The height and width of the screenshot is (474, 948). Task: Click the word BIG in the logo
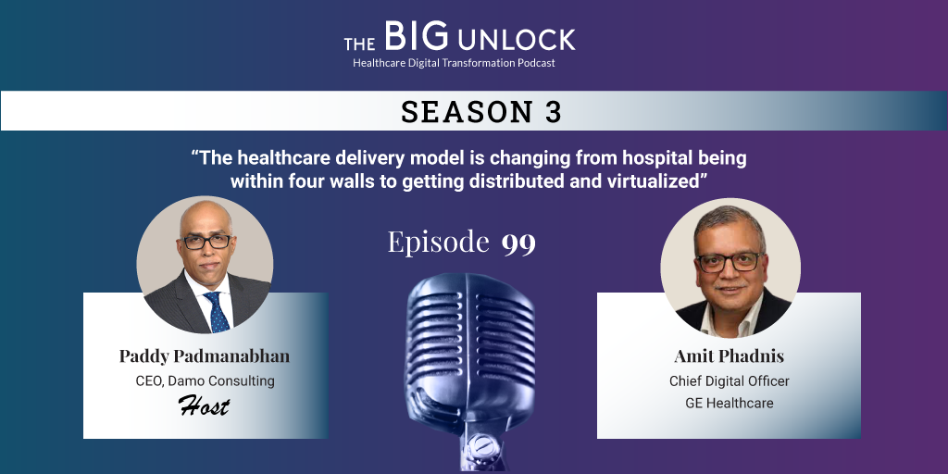pyautogui.click(x=416, y=36)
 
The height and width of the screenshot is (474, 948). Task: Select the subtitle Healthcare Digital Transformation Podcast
pyautogui.click(x=454, y=63)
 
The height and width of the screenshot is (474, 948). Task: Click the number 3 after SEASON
pyautogui.click(x=554, y=112)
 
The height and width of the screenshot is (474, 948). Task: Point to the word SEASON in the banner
pyautogui.click(x=467, y=112)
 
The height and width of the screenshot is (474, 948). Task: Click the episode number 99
pyautogui.click(x=518, y=243)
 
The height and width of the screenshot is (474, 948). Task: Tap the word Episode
pyautogui.click(x=438, y=242)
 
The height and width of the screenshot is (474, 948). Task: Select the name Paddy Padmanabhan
pyautogui.click(x=205, y=356)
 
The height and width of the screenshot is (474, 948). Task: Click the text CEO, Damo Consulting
pyautogui.click(x=205, y=381)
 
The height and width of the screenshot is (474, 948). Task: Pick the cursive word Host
pyautogui.click(x=205, y=406)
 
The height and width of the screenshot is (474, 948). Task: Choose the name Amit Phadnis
pyautogui.click(x=729, y=356)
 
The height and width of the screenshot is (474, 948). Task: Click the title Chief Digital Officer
pyautogui.click(x=730, y=381)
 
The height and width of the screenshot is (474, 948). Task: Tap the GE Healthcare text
pyautogui.click(x=730, y=404)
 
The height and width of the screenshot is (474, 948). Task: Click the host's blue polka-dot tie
pyautogui.click(x=217, y=311)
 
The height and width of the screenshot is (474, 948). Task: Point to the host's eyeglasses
pyautogui.click(x=206, y=242)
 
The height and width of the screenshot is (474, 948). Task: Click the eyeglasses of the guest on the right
pyautogui.click(x=730, y=262)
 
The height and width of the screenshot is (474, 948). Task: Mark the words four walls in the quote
pyautogui.click(x=345, y=181)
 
